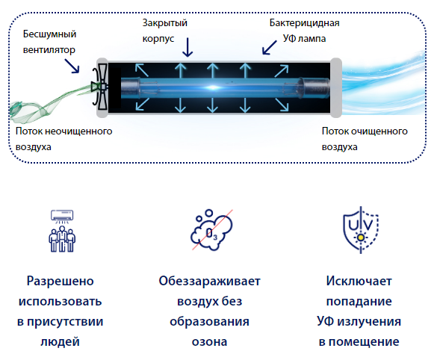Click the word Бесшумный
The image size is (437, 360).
point(49,34)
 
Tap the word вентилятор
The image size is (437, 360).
point(49,50)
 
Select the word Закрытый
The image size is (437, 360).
point(164,23)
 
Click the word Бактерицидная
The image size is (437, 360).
point(304,23)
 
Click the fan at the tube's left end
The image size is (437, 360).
point(100,87)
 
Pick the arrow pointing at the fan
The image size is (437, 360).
point(72,66)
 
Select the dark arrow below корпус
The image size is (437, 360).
point(187,47)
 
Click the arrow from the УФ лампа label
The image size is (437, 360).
point(269,48)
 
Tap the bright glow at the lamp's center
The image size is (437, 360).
point(213,87)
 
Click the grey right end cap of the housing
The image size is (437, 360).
point(336,87)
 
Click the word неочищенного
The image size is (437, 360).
point(78,131)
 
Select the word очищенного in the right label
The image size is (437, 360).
point(379,131)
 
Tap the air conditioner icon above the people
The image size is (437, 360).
point(62,216)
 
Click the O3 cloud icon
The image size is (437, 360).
point(211,230)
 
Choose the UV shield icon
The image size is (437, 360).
point(361,230)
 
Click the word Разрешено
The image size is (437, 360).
point(61,281)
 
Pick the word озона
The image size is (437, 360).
point(210,342)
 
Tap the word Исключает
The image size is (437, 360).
point(359,281)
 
